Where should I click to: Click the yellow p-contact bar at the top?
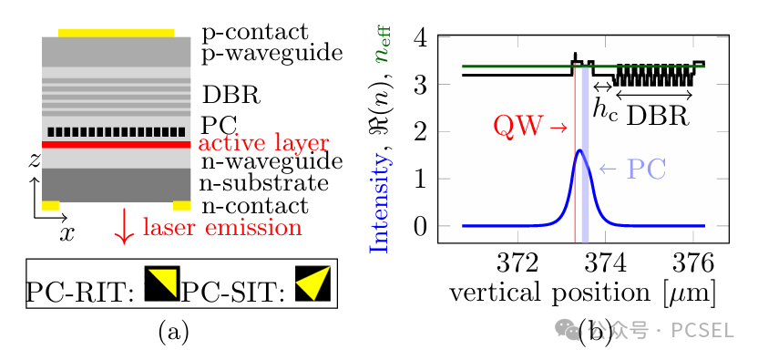click(x=116, y=33)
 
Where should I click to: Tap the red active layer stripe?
click(x=116, y=145)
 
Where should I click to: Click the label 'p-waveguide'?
click(x=272, y=53)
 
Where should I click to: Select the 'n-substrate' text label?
click(x=264, y=183)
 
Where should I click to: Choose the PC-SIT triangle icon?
click(x=313, y=283)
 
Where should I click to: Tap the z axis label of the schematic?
click(x=34, y=161)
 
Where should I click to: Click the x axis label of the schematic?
click(x=67, y=233)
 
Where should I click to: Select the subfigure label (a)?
click(x=173, y=333)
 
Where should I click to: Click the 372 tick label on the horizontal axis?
click(x=517, y=264)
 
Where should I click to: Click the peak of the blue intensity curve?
click(x=580, y=150)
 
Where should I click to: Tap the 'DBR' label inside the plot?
click(x=658, y=116)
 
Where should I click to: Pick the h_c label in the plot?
click(x=605, y=110)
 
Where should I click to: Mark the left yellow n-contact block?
click(x=51, y=206)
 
